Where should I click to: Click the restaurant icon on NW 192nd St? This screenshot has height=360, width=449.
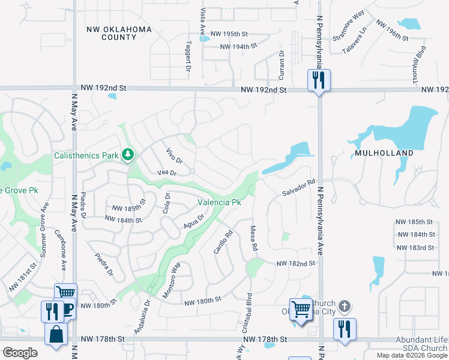point(318,80)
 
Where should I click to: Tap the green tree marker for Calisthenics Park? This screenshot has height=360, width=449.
point(127,155)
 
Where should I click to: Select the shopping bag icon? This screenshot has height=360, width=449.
point(56,334)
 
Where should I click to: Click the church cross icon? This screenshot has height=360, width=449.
point(344,306)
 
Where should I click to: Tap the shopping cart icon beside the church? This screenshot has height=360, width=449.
point(301,310)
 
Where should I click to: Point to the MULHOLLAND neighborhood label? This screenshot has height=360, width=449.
point(384,153)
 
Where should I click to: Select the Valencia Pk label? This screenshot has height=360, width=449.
point(219,203)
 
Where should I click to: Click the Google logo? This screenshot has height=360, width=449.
point(20,353)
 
